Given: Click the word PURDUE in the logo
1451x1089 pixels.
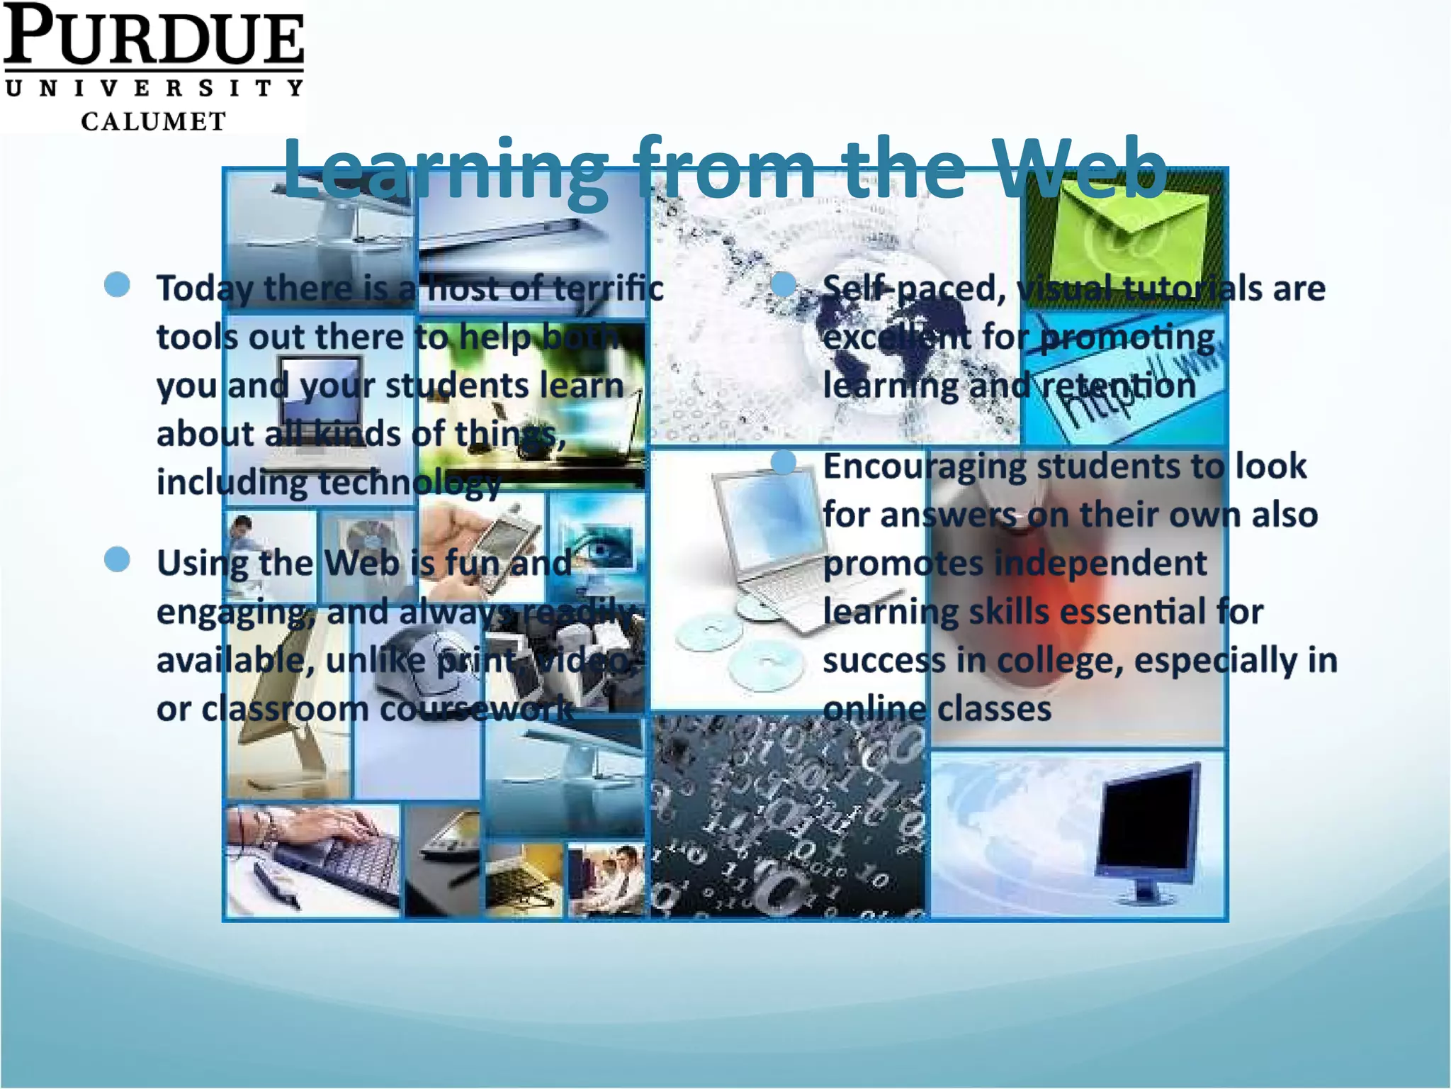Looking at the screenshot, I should click(153, 35).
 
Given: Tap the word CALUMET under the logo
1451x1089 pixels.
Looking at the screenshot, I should click(153, 121).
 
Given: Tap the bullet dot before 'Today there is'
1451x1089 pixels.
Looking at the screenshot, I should click(117, 284).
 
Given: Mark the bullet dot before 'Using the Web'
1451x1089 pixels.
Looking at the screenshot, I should click(117, 559).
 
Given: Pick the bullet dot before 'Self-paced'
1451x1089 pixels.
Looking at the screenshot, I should click(783, 284).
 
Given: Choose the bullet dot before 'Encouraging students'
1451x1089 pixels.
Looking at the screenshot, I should click(783, 463).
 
